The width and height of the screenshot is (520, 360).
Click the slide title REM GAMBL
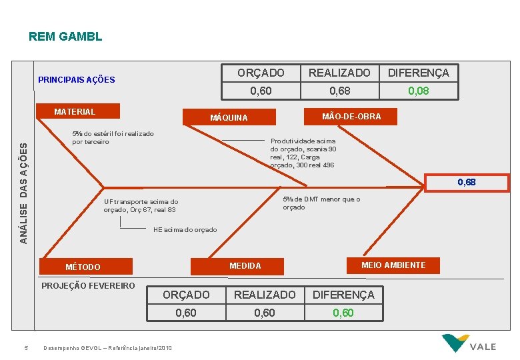tap(65, 36)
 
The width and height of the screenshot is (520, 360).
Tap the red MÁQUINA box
tap(229, 117)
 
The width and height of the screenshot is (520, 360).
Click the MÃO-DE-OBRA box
tap(351, 117)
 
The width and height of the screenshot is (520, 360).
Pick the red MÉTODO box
tap(83, 267)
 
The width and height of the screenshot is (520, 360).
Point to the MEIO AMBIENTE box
tap(393, 265)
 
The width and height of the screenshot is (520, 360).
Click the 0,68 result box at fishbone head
tap(466, 182)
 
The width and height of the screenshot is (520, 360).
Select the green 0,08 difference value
tap(418, 91)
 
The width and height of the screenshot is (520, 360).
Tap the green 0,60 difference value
tap(343, 313)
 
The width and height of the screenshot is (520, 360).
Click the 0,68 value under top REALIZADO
tap(339, 91)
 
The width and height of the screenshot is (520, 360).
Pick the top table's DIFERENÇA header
tap(419, 73)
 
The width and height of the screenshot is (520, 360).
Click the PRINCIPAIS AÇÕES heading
tap(76, 79)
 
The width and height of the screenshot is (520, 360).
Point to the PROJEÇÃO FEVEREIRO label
tap(88, 286)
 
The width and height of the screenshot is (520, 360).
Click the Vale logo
tap(469, 343)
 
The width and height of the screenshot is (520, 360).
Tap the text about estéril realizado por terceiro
tap(113, 137)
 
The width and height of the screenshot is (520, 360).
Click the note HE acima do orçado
tap(185, 230)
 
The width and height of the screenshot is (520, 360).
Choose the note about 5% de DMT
tap(321, 203)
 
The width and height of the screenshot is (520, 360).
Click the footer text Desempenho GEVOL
tap(107, 348)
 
